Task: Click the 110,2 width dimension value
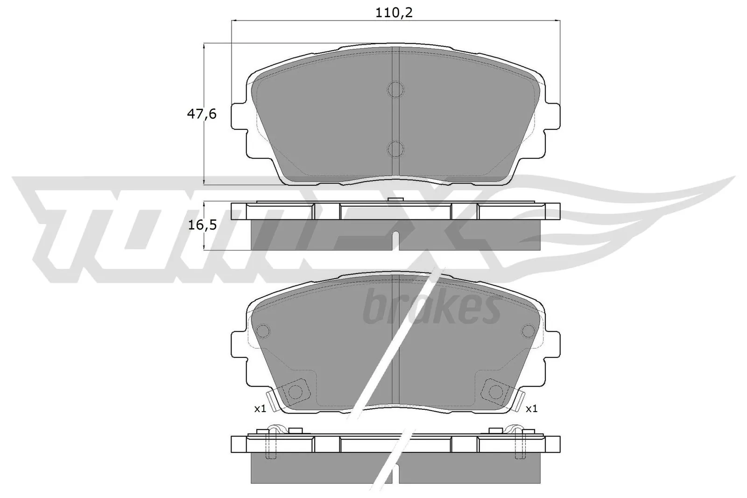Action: tap(395, 13)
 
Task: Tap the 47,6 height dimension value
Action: tap(202, 113)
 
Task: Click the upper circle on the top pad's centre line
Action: tap(395, 90)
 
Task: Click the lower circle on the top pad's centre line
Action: tap(395, 148)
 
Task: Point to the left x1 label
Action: tap(260, 409)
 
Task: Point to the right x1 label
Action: tap(531, 409)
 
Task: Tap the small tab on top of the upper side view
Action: tap(395, 200)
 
